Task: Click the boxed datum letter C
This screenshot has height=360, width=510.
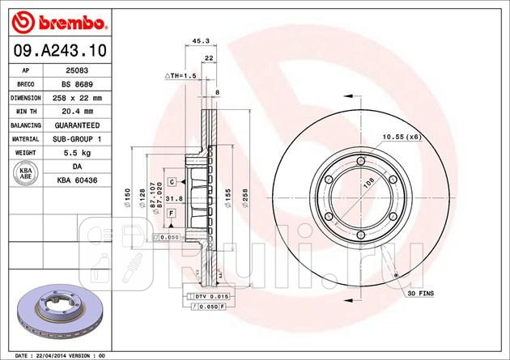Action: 172,181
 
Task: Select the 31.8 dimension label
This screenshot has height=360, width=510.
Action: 174,199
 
